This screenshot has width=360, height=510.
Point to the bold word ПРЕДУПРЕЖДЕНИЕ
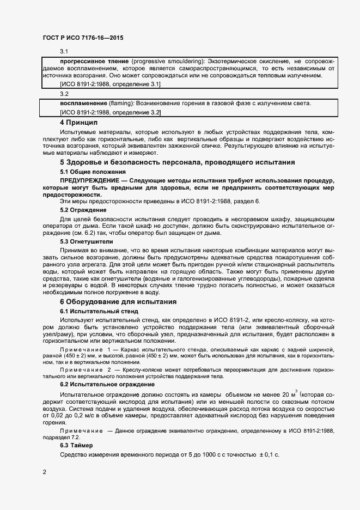click(x=89, y=180)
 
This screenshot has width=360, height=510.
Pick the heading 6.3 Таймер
click(x=77, y=445)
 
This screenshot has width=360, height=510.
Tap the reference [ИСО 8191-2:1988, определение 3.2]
click(x=110, y=112)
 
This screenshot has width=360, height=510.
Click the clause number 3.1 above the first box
click(x=64, y=51)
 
